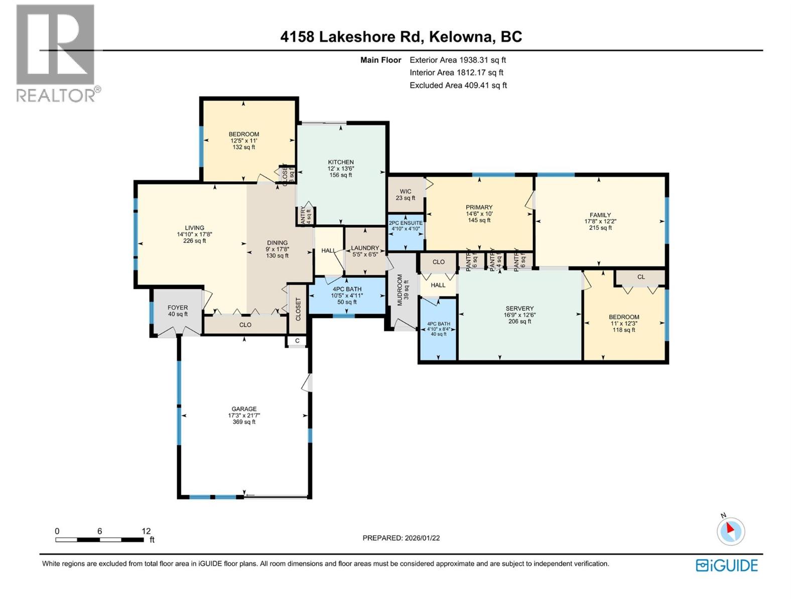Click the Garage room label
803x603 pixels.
[x=244, y=410]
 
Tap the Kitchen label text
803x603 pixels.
[x=341, y=162]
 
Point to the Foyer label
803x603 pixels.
[x=178, y=308]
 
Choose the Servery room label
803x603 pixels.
[x=519, y=309]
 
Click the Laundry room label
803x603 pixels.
[x=365, y=248]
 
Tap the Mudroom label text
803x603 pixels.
[x=400, y=290]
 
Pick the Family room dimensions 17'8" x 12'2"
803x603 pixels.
[x=600, y=222]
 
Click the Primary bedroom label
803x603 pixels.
[x=479, y=208]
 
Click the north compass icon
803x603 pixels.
[x=731, y=531]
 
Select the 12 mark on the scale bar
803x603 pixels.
[x=146, y=531]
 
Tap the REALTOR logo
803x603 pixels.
[x=56, y=53]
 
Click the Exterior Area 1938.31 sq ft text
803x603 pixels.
[x=457, y=60]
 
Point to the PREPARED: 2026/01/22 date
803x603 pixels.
[x=401, y=538]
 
